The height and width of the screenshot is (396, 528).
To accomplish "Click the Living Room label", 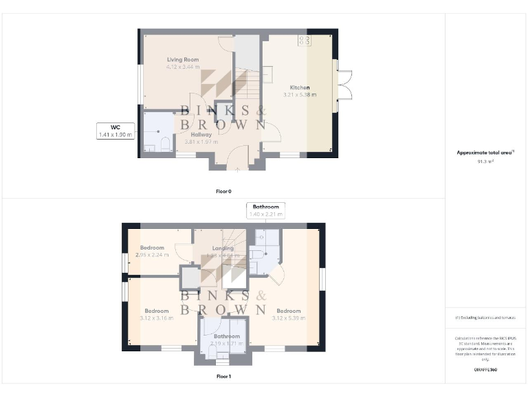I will [183, 60].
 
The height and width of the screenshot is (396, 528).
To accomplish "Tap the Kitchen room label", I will [300, 87].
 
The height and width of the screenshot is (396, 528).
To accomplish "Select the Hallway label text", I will [201, 135].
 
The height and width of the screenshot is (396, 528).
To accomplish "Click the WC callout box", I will [115, 131].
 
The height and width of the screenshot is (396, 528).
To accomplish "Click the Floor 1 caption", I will [223, 376].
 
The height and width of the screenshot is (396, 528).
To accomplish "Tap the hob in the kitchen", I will [304, 41].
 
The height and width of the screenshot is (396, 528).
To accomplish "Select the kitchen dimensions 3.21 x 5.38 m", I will [300, 95].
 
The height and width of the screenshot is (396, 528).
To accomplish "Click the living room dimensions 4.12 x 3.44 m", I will [183, 67].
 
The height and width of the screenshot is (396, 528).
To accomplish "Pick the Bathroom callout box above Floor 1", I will [265, 210].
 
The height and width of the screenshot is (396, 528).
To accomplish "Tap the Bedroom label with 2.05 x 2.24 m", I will [152, 247].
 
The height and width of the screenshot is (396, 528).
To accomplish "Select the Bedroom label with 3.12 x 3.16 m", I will [157, 310].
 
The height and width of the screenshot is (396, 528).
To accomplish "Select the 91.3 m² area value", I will [485, 162].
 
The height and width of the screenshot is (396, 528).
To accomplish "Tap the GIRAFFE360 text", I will [485, 369].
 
